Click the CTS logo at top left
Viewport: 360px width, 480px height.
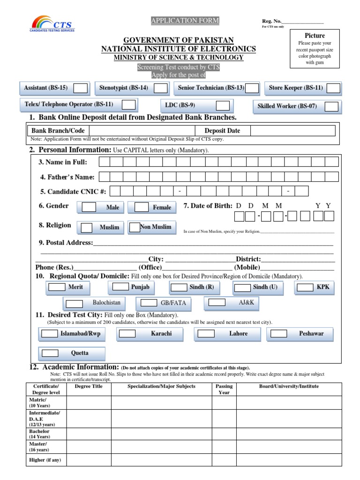pos(52,23)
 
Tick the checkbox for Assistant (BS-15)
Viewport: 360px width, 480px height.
pos(81,88)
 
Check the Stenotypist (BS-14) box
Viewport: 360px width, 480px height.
pos(161,88)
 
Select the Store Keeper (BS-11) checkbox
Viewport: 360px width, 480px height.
pos(334,88)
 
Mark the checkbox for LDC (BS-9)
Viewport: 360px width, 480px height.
pos(223,105)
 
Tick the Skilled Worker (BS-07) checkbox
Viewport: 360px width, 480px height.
pos(331,106)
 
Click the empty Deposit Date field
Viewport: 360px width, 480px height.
pos(292,131)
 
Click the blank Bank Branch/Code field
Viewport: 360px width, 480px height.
pos(141,131)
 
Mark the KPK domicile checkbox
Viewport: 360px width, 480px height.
pos(306,287)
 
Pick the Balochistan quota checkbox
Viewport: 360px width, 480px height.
pos(74,303)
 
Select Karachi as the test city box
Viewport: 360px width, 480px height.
pos(127,334)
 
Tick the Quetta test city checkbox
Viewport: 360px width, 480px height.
pos(49,353)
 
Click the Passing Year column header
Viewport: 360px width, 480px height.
pos(224,389)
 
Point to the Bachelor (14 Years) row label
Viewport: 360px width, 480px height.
pos(39,434)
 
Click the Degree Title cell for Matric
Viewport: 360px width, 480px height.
pos(88,403)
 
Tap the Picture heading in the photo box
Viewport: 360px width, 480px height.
pos(315,36)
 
